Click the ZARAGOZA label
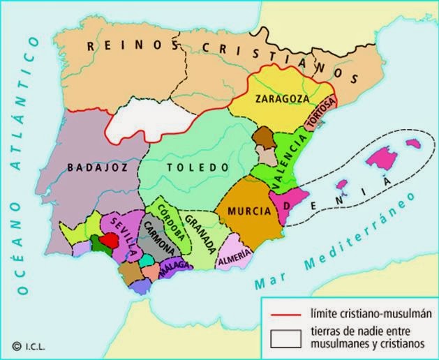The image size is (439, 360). click(x=278, y=98)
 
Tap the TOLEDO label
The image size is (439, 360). click(x=198, y=167)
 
